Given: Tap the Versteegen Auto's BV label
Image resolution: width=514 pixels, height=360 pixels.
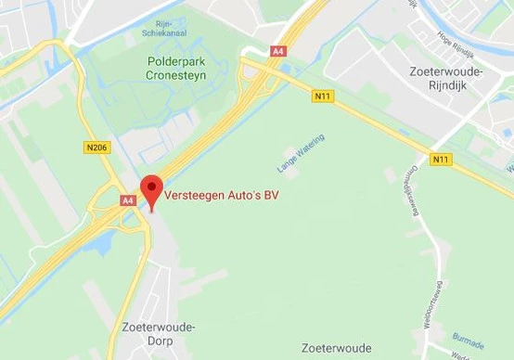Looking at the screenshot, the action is pyautogui.click(x=222, y=196).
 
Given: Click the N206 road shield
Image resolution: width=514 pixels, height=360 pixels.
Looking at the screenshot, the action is pyautogui.click(x=96, y=148).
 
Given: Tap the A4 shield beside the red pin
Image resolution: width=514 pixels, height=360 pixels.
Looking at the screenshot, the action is pyautogui.click(x=128, y=199).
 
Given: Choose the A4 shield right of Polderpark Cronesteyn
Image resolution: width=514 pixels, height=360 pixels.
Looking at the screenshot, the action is pyautogui.click(x=279, y=51).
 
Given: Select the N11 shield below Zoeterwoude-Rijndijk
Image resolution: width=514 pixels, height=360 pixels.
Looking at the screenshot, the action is pyautogui.click(x=441, y=159).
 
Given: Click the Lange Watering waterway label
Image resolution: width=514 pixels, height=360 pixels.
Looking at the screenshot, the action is pyautogui.click(x=300, y=154).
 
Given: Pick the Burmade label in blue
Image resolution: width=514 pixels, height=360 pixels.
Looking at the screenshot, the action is pyautogui.click(x=468, y=335).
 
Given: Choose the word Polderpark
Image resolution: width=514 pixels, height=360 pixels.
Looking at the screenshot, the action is pyautogui.click(x=175, y=61).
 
